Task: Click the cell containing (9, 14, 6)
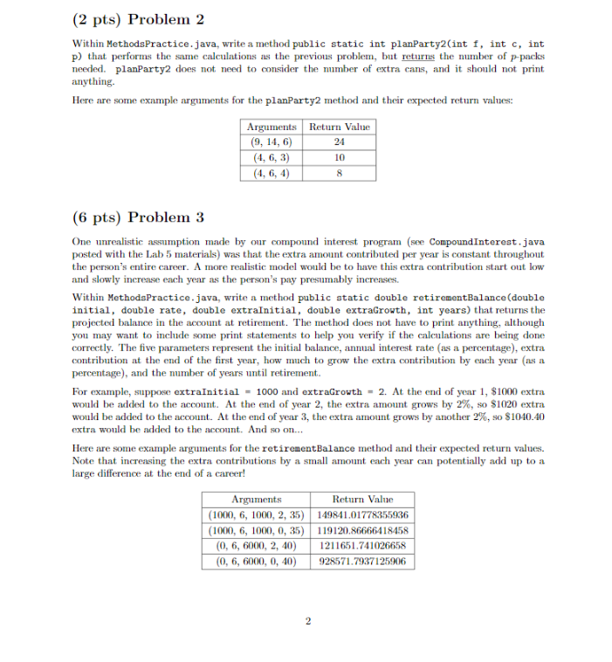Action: click(x=271, y=142)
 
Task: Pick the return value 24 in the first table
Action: click(x=340, y=142)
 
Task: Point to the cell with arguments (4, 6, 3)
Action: click(x=271, y=157)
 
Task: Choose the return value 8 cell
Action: click(x=340, y=172)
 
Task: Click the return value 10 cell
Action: click(x=340, y=157)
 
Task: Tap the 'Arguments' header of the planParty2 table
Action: click(x=272, y=128)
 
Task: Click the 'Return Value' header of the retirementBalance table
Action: click(x=362, y=499)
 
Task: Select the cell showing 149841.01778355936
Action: click(x=362, y=514)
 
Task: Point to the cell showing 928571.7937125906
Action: click(x=362, y=561)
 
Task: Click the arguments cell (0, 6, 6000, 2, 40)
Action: click(x=259, y=545)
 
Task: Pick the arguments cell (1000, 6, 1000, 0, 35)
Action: click(x=259, y=530)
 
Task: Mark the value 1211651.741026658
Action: click(x=362, y=545)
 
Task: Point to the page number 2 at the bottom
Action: click(x=307, y=622)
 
